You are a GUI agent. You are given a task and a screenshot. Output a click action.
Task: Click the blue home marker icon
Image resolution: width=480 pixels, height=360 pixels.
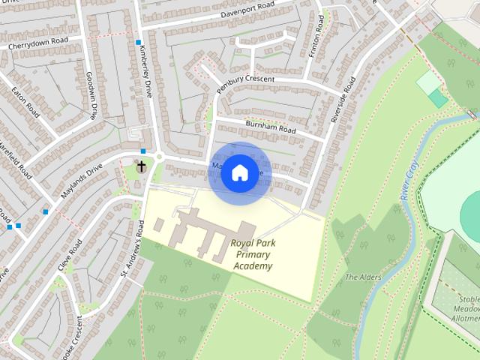coord(239,173)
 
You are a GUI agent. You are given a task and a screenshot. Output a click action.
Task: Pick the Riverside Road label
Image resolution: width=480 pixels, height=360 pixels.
coord(343,98)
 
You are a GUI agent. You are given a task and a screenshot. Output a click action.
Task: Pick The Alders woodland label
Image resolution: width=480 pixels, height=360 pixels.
coord(363,277)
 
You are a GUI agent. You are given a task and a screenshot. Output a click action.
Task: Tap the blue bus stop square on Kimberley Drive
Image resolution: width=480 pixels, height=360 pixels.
coord(139,43)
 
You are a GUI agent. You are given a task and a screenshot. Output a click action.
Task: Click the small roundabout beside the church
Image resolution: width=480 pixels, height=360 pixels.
coord(159,157)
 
